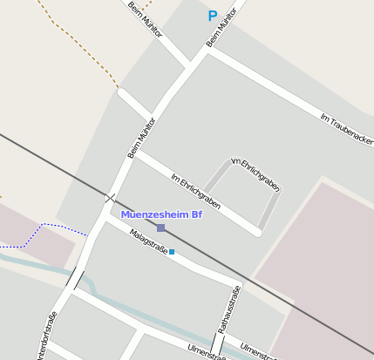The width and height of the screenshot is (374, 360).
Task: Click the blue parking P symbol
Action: point(212,15)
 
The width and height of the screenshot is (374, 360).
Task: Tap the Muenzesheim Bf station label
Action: point(160,214)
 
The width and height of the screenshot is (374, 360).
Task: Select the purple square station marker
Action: point(160,228)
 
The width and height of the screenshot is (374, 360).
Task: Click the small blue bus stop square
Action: point(172,252)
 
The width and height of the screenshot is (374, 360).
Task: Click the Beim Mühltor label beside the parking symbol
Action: point(222,29)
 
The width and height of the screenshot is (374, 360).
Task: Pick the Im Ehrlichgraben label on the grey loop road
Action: point(255,173)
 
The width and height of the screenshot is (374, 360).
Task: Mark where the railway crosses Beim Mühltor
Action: point(111,198)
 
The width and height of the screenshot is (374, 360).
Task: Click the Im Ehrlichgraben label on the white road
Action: point(195,191)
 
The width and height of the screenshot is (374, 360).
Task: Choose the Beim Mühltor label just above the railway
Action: point(142,138)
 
